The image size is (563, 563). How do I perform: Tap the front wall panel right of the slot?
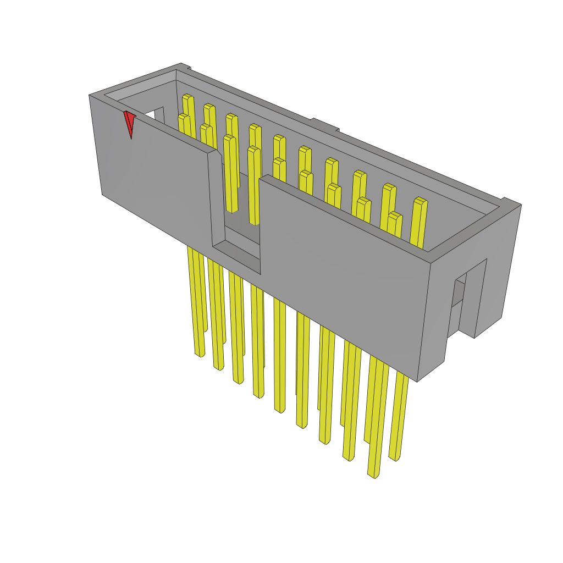[x=341, y=275]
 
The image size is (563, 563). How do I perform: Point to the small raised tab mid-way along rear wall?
[x=324, y=124]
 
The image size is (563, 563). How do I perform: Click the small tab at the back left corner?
[x=186, y=68]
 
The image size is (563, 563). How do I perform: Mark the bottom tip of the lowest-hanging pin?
[x=374, y=474]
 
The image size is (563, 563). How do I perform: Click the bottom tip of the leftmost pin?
[x=200, y=354]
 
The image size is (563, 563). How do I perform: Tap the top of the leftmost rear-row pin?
[x=188, y=97]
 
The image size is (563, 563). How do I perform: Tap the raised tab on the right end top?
[x=511, y=202]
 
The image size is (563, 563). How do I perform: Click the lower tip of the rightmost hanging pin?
[x=394, y=457]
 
